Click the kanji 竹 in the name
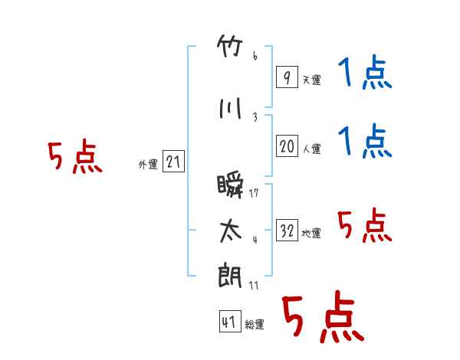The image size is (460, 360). click(230, 46)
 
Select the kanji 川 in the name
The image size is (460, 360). click(231, 108)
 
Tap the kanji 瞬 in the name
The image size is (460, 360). click(230, 186)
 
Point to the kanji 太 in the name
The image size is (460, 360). click(231, 231)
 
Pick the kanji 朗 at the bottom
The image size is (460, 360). click(230, 275)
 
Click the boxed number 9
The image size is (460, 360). click(287, 77)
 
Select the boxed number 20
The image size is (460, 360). click(287, 146)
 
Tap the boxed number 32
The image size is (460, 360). click(287, 230)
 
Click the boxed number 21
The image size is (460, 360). click(173, 162)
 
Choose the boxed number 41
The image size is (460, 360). click(230, 321)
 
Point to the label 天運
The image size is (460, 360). click(312, 80)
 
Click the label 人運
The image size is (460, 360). click(312, 149)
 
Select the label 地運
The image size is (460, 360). click(311, 233)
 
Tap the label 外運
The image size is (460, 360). click(148, 165)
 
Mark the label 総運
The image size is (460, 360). click(255, 324)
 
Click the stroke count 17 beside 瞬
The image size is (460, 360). click(254, 193)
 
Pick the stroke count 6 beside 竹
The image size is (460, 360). click(255, 56)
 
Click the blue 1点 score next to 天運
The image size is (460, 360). click(365, 72)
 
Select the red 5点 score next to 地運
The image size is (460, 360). click(365, 225)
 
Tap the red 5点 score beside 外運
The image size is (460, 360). click(75, 156)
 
